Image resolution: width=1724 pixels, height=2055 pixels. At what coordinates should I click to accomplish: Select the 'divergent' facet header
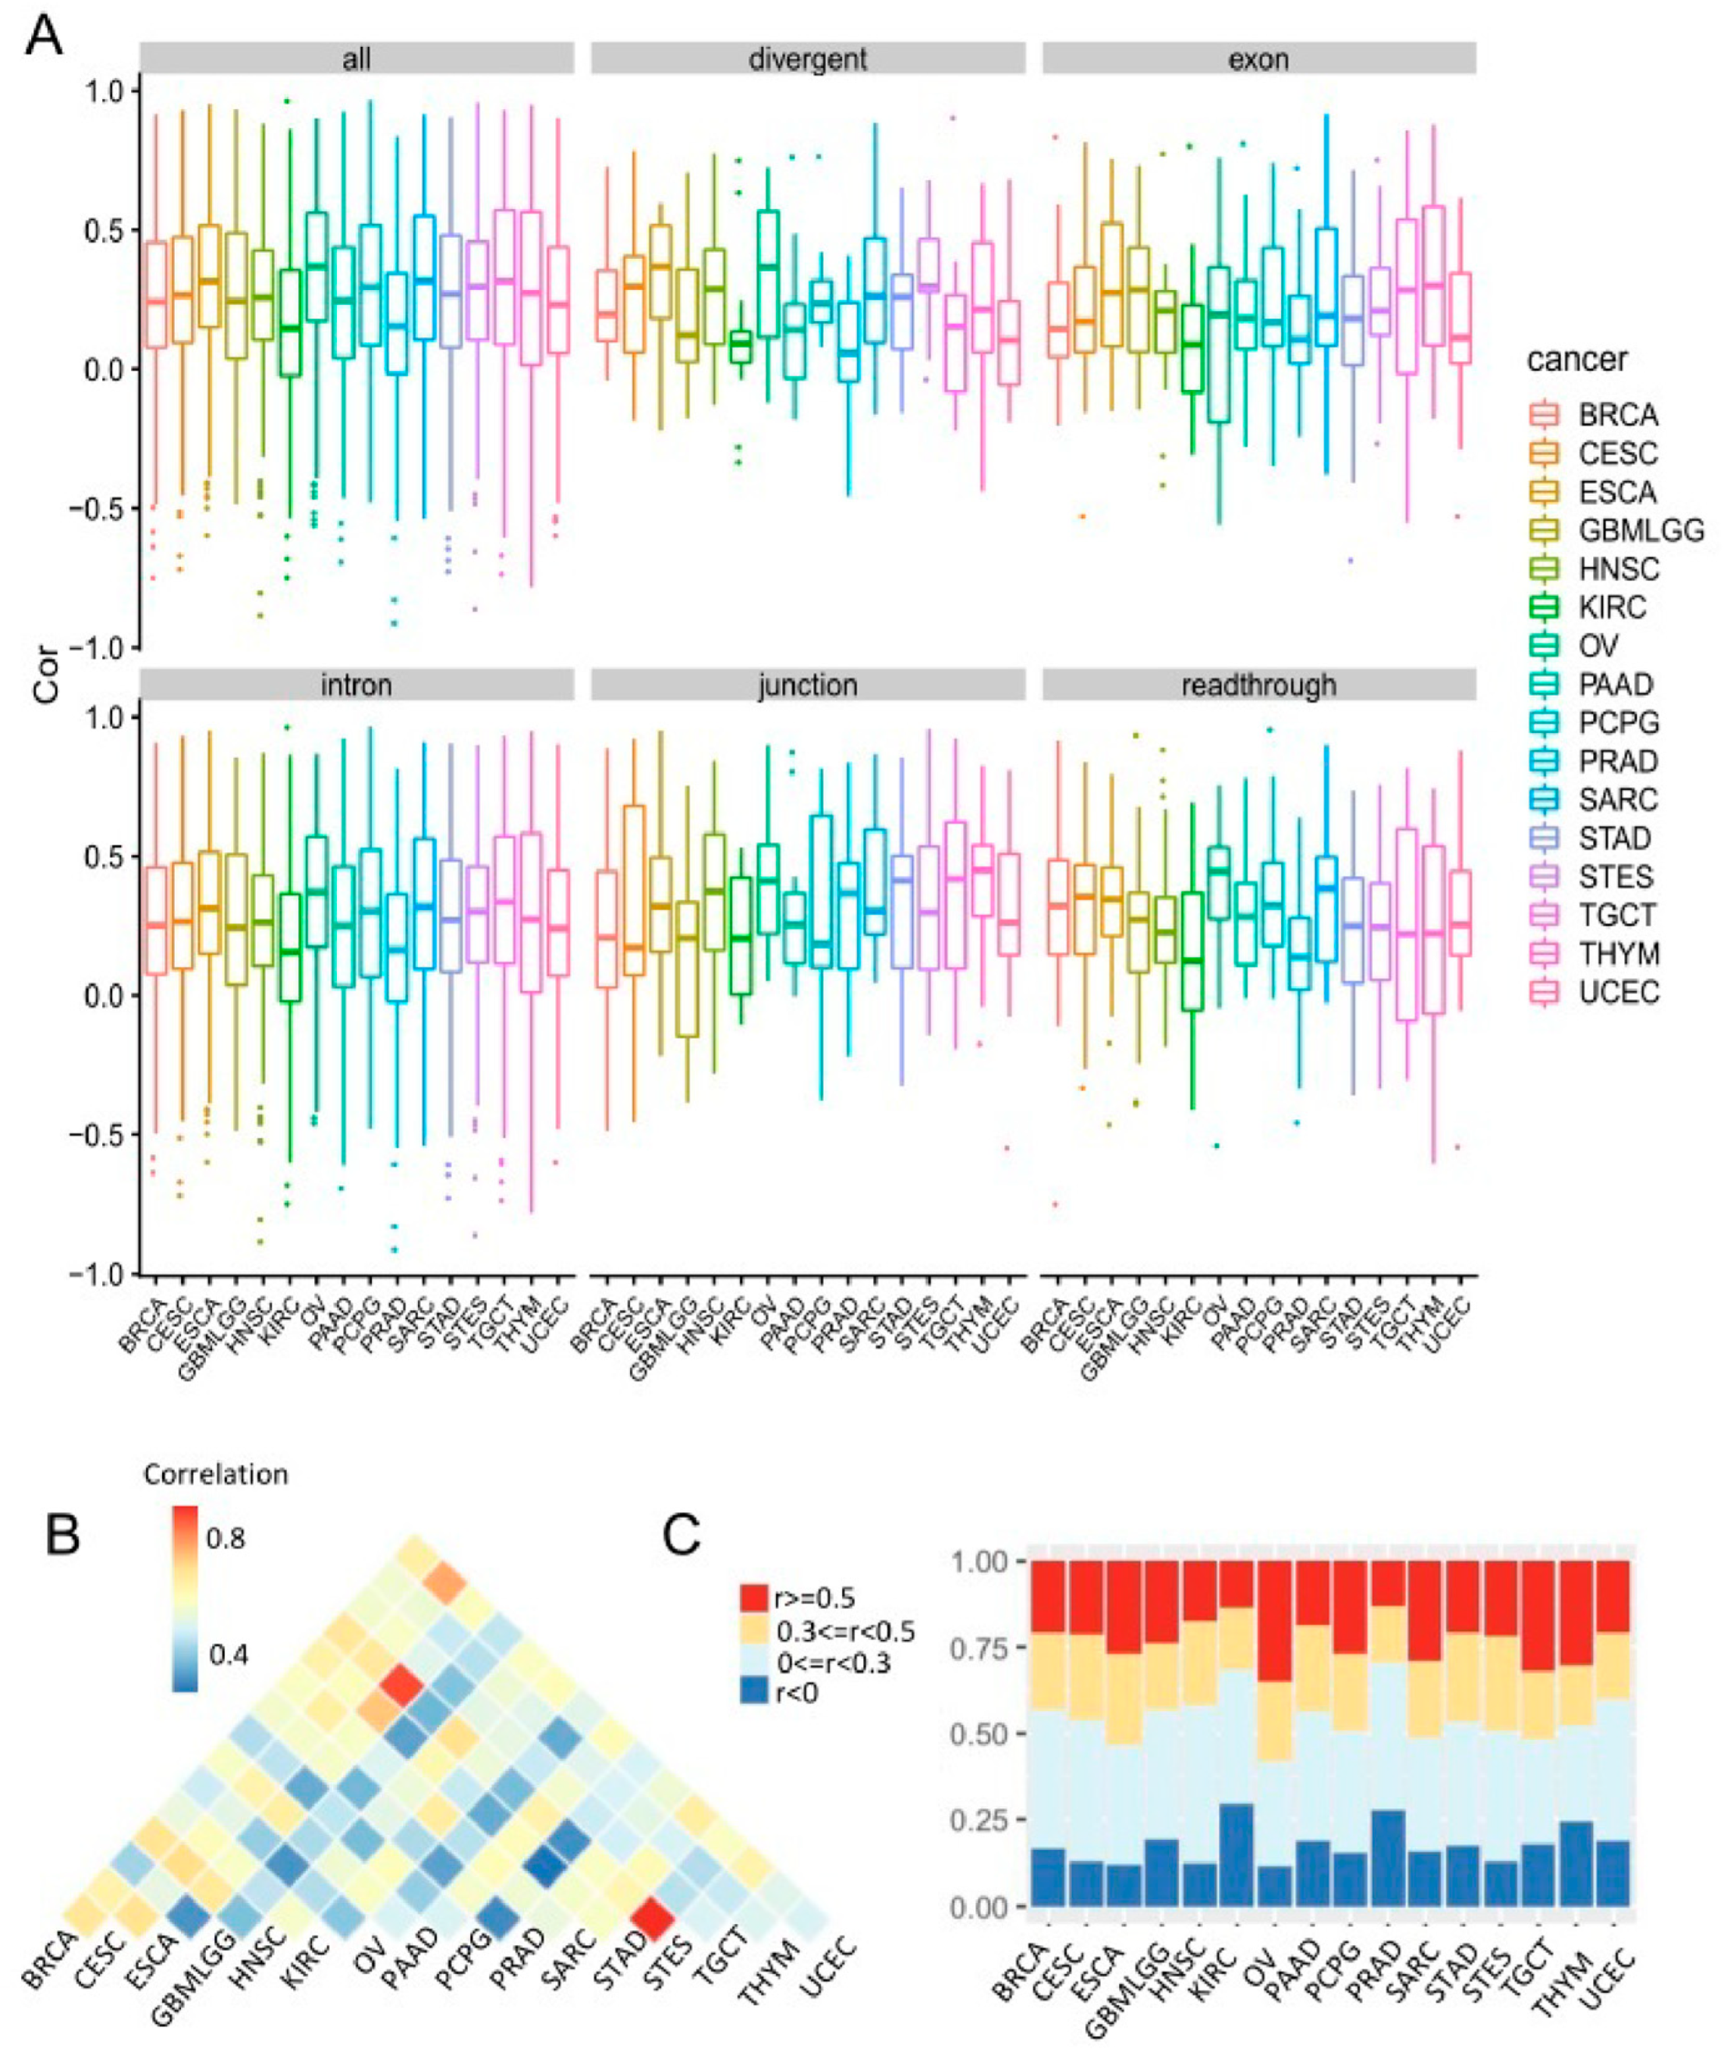coord(807,60)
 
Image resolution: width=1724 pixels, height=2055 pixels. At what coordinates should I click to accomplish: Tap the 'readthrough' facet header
coord(1258,685)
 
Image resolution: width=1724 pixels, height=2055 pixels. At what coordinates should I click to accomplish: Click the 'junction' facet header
coord(807,685)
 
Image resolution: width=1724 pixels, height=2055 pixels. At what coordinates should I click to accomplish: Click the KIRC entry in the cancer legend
coord(1612,608)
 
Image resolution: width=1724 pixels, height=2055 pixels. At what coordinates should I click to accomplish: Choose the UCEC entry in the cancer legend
coord(1618,992)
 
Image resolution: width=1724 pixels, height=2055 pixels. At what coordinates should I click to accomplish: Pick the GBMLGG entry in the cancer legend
coord(1641,530)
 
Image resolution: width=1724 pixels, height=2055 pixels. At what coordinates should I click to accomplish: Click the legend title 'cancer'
coord(1577,360)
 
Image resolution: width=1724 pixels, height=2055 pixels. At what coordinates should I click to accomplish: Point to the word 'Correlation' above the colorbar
coord(215,1474)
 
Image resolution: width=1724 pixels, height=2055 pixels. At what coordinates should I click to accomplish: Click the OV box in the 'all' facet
coord(317,266)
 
